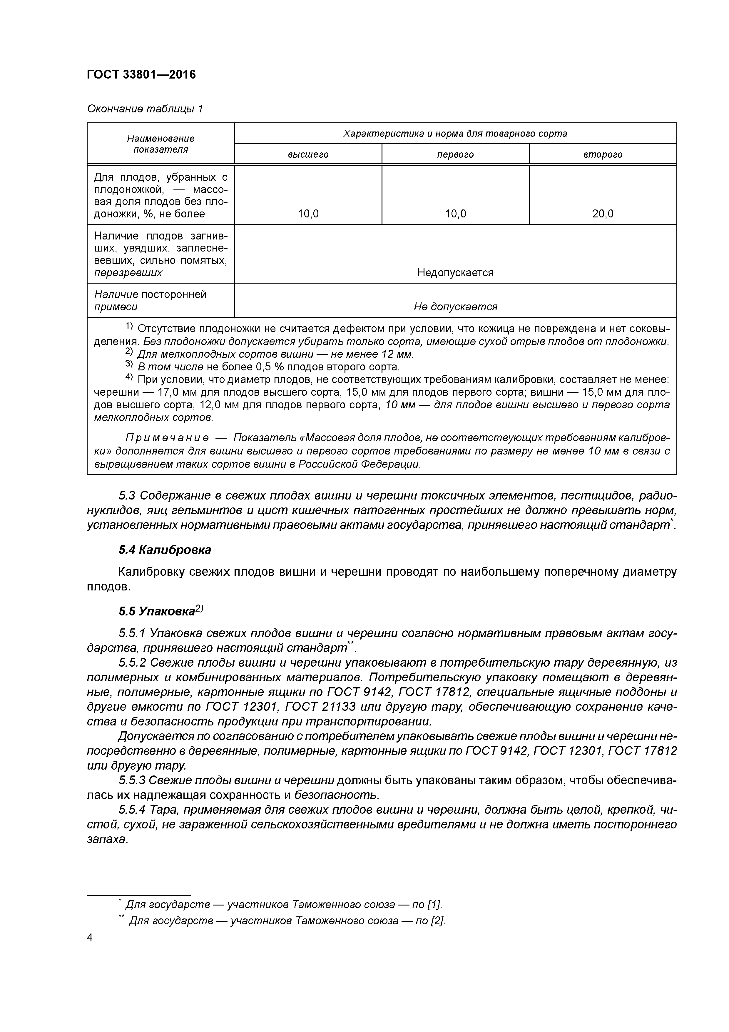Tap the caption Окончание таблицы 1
coord(145,109)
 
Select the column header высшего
coord(308,155)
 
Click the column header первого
coord(455,155)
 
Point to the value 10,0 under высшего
coord(308,214)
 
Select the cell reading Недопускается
coord(455,273)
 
